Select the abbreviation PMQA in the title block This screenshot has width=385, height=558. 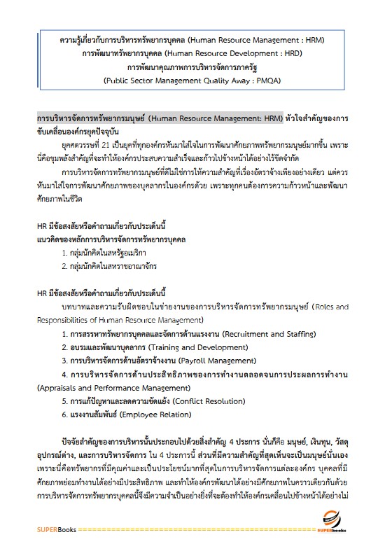point(267,81)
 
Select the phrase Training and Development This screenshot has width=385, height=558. point(195,347)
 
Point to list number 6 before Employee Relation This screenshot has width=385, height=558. point(64,414)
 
